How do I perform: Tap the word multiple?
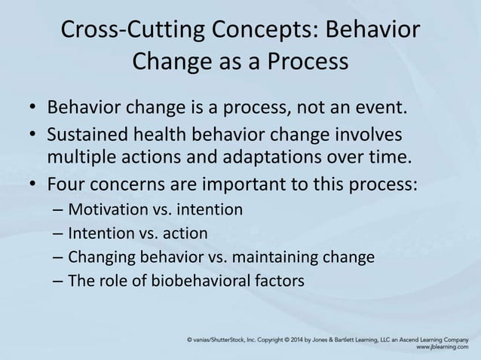click(x=78, y=157)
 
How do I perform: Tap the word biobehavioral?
click(x=201, y=282)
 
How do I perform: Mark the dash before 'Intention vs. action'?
click(x=58, y=233)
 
